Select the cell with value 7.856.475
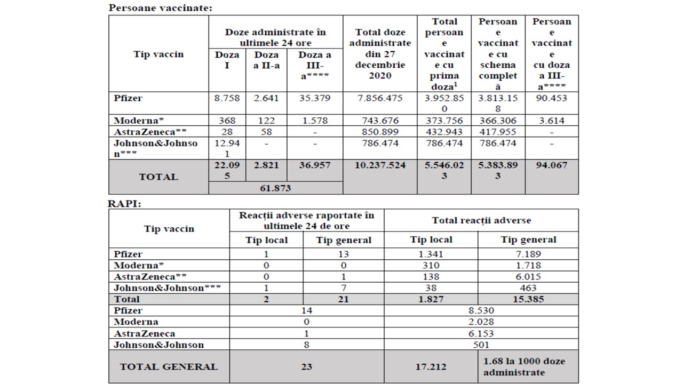(x=380, y=98)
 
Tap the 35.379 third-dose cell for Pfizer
(x=315, y=98)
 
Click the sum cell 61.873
(x=275, y=188)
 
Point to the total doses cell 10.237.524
(x=380, y=165)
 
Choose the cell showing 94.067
(x=551, y=165)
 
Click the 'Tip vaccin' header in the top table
(x=158, y=54)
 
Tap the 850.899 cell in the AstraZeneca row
(x=380, y=132)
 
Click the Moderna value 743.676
(x=380, y=121)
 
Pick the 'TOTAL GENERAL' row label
(x=169, y=366)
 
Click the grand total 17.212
(x=431, y=366)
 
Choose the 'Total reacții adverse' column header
(x=481, y=220)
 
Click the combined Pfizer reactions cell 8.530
(x=481, y=310)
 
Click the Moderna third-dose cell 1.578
(x=315, y=121)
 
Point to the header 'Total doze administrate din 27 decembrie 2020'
(x=380, y=54)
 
